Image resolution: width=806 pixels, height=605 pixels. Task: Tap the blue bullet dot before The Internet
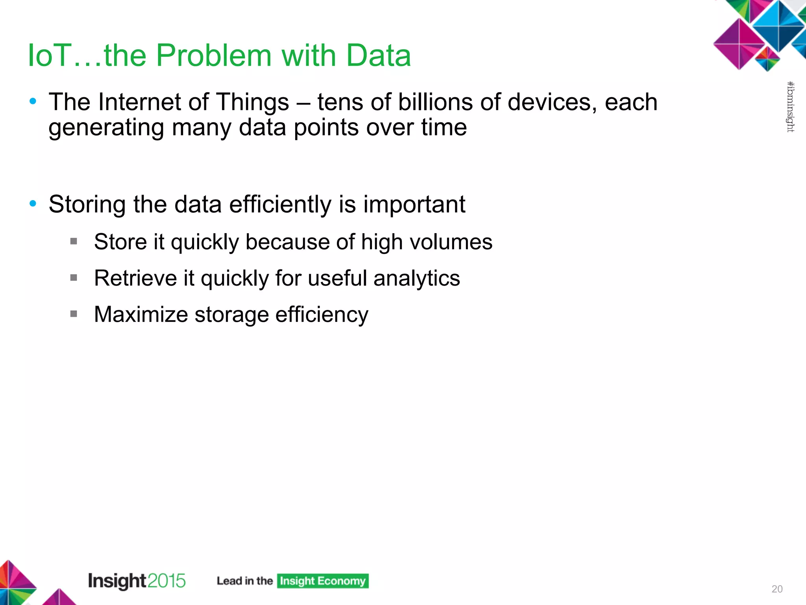coord(33,102)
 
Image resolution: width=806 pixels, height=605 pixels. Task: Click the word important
coord(414,205)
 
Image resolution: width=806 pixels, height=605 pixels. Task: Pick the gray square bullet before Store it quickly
coord(74,241)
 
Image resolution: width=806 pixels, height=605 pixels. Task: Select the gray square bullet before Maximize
coord(74,314)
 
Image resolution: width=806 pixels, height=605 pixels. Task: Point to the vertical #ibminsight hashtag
coord(790,107)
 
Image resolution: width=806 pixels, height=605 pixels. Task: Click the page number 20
coord(777,589)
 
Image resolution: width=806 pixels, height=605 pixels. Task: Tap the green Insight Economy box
coord(323,581)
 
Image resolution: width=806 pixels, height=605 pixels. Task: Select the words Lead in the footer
coord(229,581)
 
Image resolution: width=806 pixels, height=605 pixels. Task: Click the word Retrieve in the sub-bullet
coord(135,278)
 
